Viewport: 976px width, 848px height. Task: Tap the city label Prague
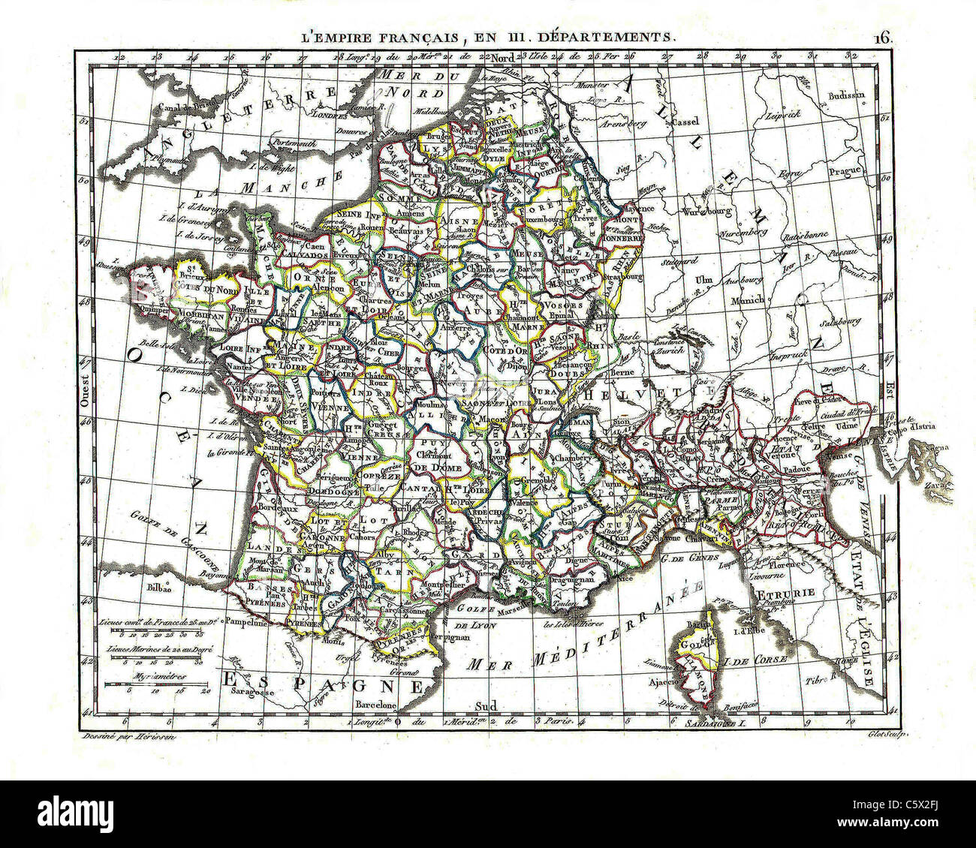844,171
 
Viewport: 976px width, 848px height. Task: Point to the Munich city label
749,299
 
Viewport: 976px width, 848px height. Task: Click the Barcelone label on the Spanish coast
375,705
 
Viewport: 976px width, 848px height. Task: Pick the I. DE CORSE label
755,660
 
